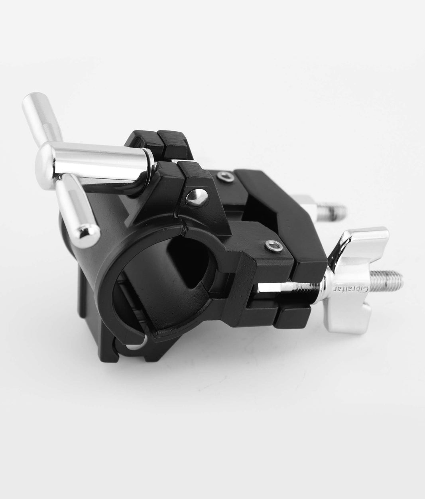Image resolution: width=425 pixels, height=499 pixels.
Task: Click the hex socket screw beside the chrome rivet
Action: (x=224, y=175)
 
